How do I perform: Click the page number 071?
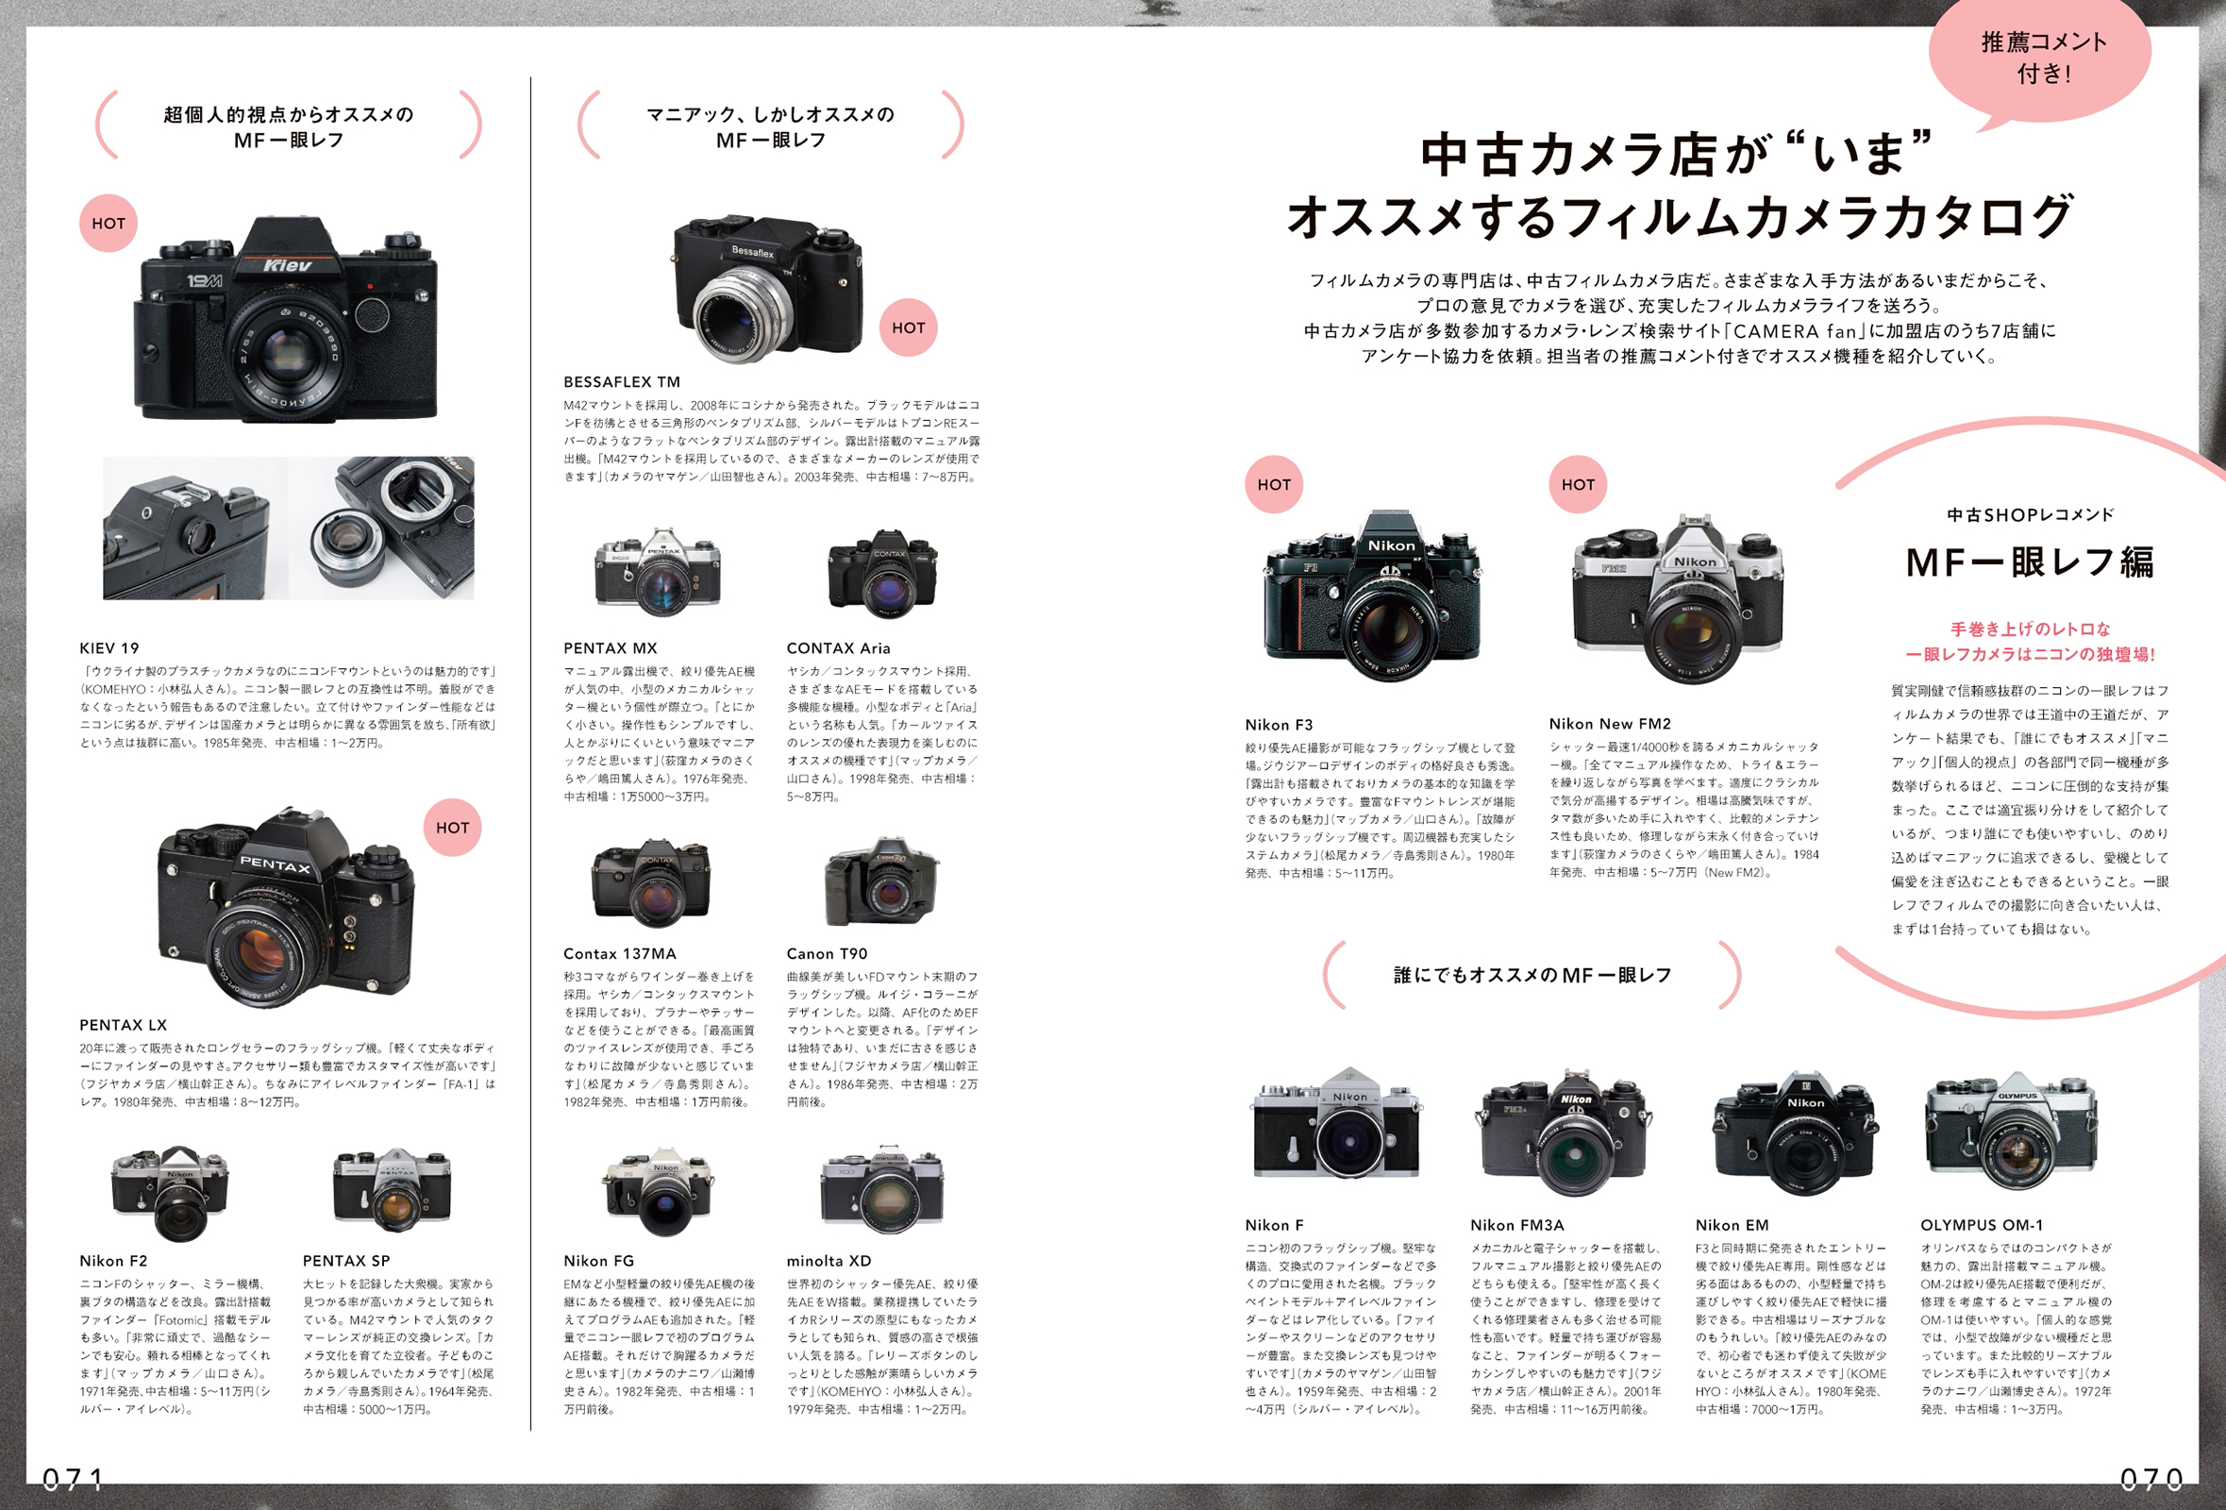click(x=73, y=1480)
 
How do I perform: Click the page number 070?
click(x=2151, y=1480)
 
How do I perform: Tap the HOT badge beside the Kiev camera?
click(x=109, y=224)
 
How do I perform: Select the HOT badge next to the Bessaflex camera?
click(x=908, y=327)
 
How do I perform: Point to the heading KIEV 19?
click(x=109, y=647)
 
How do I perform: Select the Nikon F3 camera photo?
click(x=1372, y=596)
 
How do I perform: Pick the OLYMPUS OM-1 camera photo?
click(x=2011, y=1132)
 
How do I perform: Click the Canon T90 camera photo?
click(x=881, y=883)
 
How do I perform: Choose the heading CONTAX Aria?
click(x=838, y=647)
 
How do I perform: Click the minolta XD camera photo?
click(x=881, y=1190)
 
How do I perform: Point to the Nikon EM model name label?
click(x=1732, y=1224)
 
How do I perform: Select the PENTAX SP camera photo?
click(x=392, y=1189)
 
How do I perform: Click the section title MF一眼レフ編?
click(x=2029, y=562)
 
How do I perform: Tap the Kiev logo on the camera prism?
click(x=288, y=265)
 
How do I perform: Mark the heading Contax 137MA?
click(x=619, y=953)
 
